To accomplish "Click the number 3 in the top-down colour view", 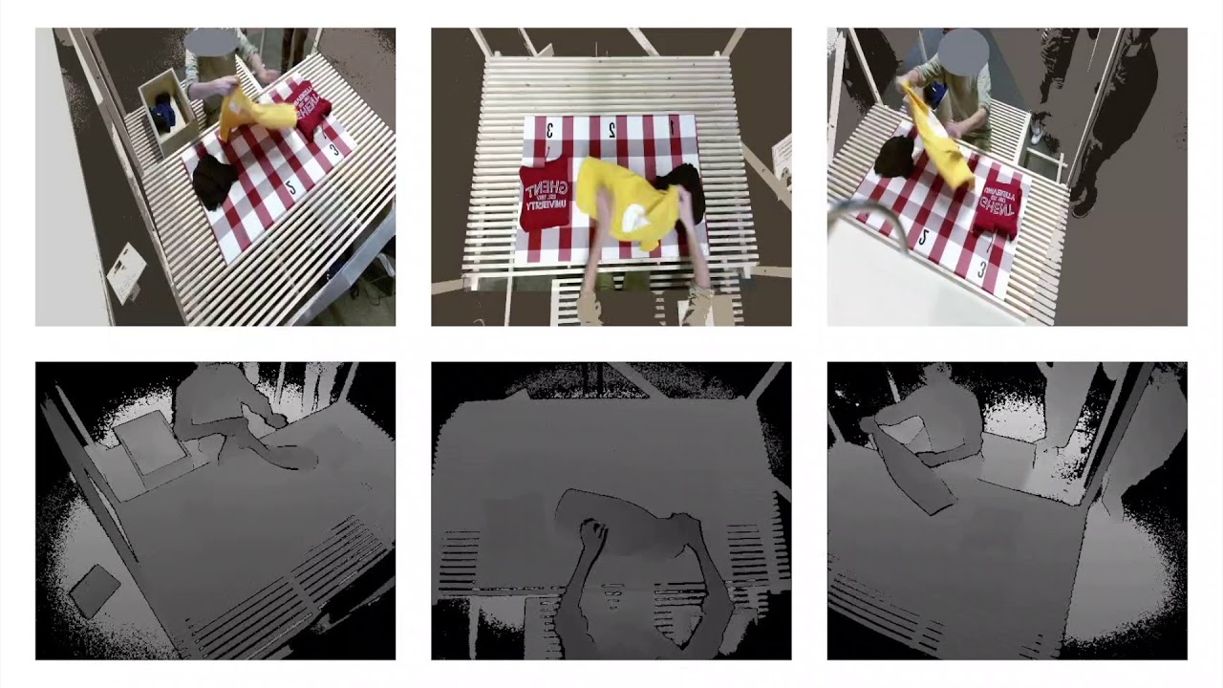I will coord(552,128).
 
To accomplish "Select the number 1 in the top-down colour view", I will coord(672,125).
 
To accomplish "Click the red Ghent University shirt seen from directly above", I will coord(546,195).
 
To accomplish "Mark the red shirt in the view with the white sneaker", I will coord(998,204).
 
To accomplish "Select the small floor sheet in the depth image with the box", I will coord(95,590).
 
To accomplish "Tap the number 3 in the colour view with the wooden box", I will coord(333,148).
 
